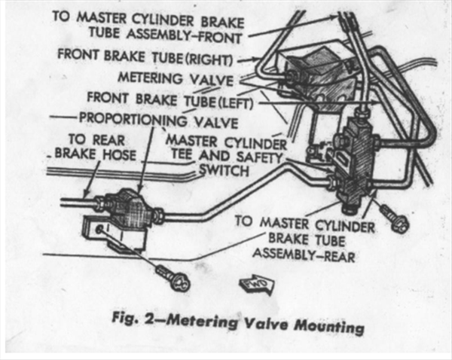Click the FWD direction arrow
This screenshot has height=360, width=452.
point(252,284)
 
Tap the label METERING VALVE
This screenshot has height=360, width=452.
point(176,78)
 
